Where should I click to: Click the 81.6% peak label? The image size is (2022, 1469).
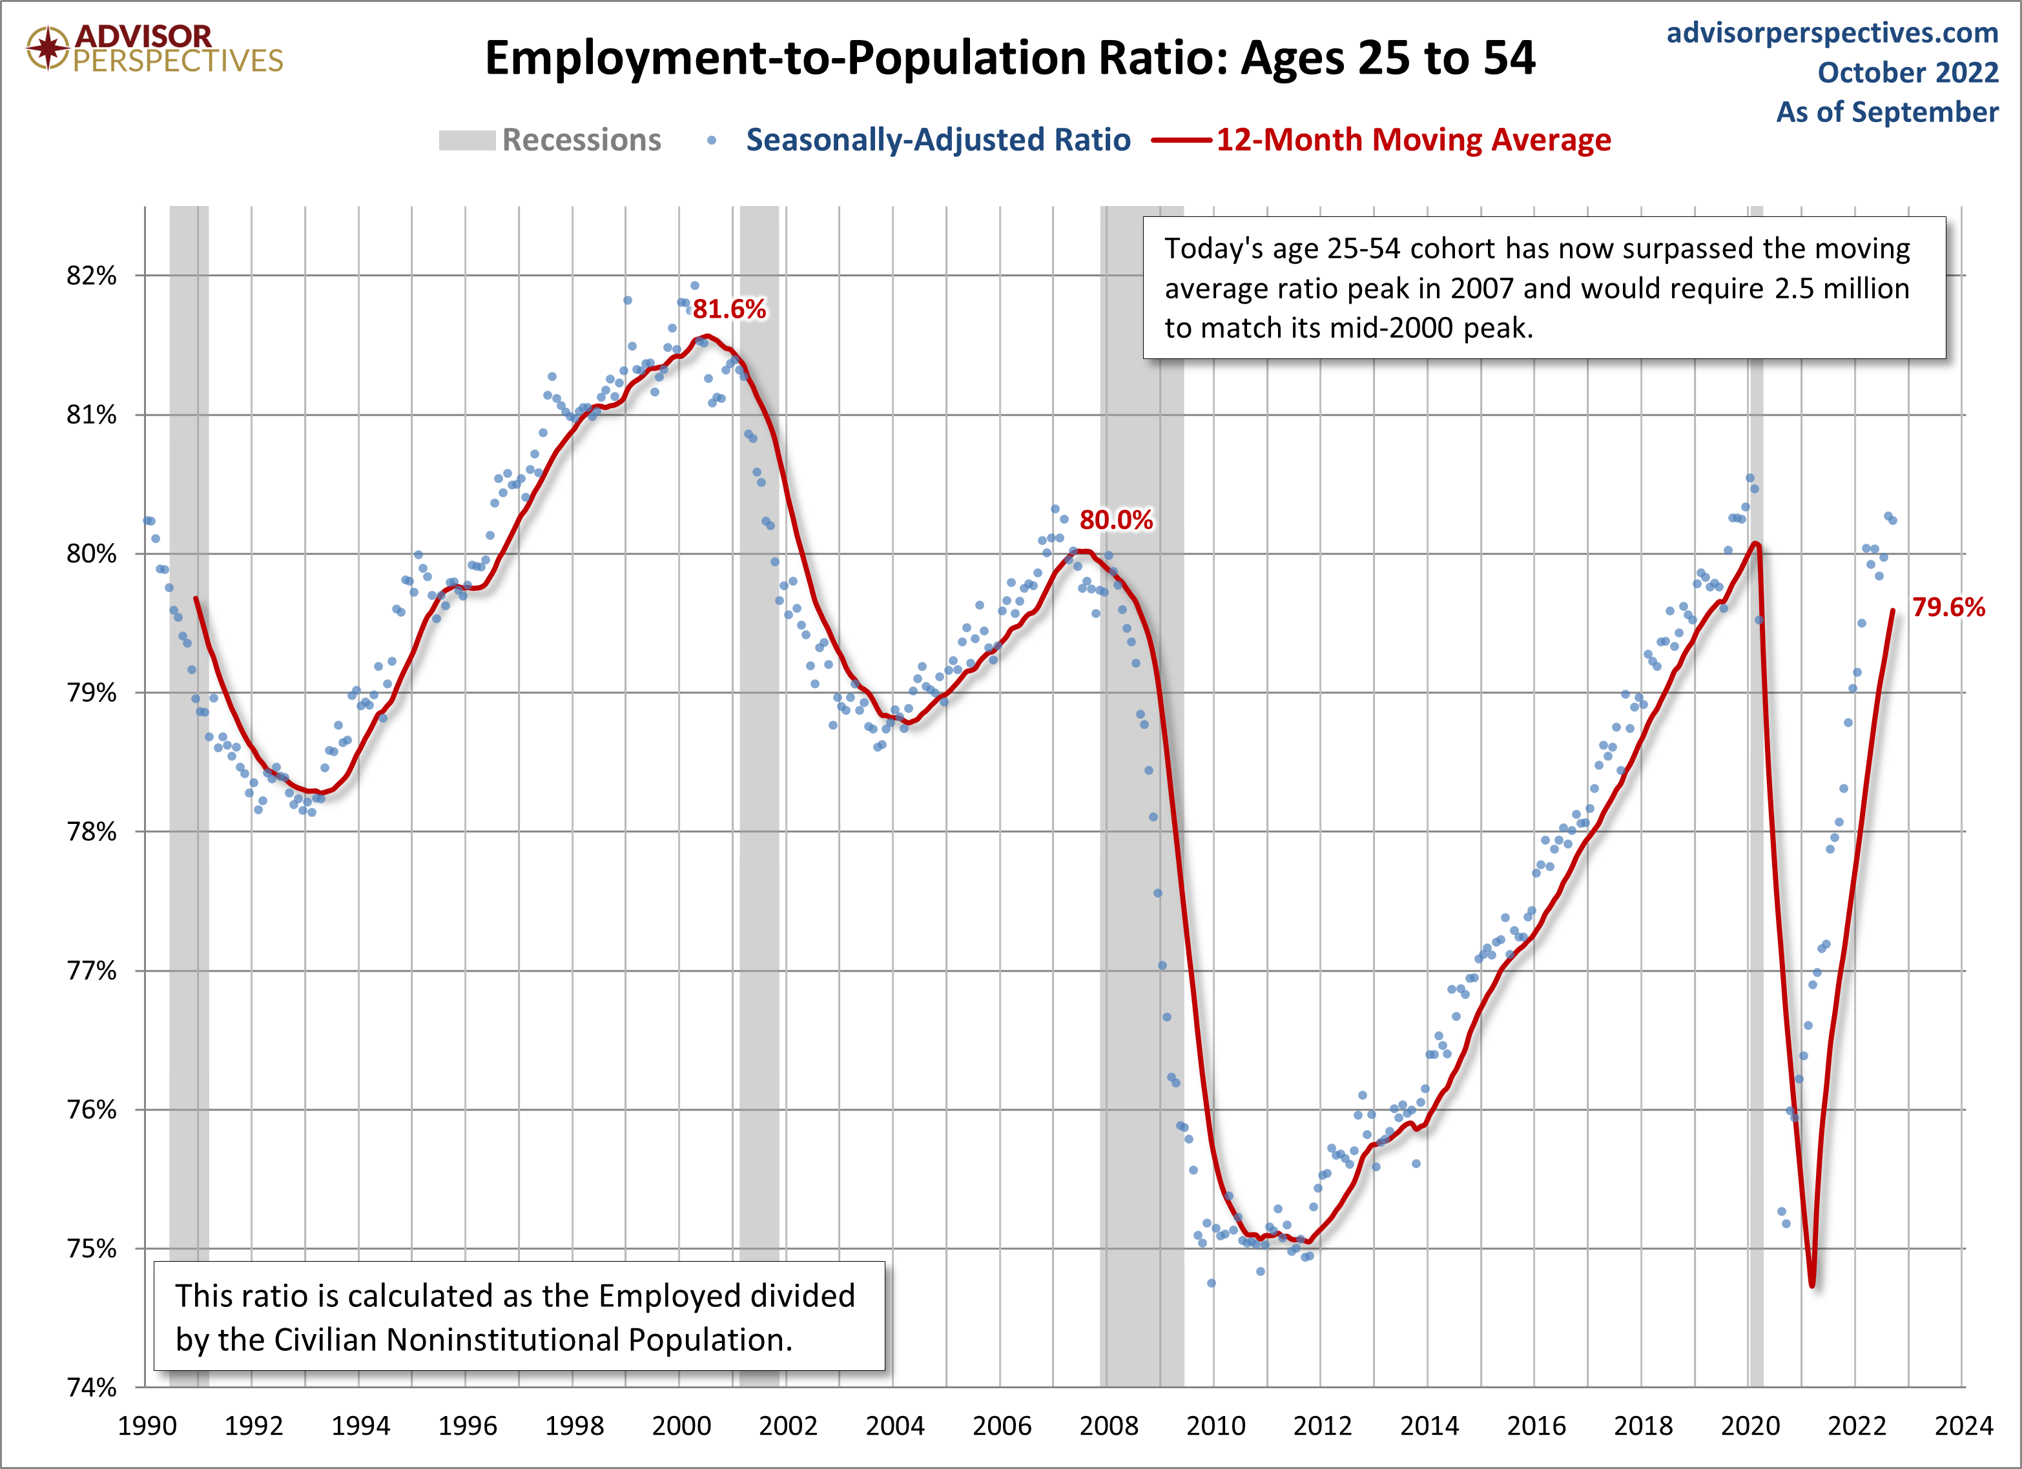tap(728, 309)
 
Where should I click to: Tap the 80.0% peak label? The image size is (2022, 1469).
tap(1115, 520)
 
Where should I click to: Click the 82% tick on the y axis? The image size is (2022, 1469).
tap(91, 276)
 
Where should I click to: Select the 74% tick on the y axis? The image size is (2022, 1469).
tap(91, 1387)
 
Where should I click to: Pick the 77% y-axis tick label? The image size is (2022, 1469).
tap(91, 971)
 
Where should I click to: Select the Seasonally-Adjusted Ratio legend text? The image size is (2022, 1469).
tap(938, 140)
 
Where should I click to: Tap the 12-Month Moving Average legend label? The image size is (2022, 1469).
tap(1413, 140)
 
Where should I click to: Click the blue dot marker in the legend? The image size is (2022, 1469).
tap(712, 140)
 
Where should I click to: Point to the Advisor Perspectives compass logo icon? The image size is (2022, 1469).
tap(47, 47)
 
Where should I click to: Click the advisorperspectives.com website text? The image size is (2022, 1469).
tap(1832, 33)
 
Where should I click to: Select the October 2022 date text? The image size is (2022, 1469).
tap(1908, 72)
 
